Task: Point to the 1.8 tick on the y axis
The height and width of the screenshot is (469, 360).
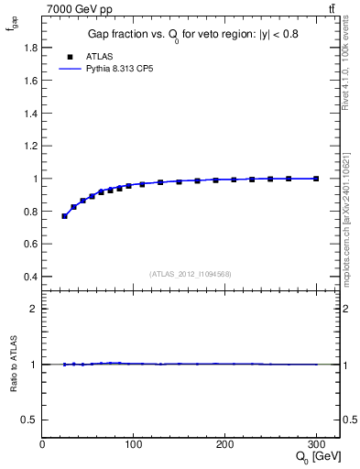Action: click(30, 48)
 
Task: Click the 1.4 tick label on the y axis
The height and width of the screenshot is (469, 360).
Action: click(30, 114)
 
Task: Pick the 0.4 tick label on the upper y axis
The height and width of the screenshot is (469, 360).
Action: click(30, 277)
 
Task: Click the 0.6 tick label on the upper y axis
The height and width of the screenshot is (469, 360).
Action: click(30, 244)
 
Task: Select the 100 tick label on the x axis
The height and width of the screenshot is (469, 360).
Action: click(134, 444)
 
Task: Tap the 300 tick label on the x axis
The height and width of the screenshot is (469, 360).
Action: click(316, 444)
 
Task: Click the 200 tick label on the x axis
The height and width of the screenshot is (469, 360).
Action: click(225, 444)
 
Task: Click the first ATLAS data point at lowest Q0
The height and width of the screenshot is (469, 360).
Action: click(64, 216)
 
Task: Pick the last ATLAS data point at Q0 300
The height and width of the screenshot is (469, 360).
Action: click(316, 179)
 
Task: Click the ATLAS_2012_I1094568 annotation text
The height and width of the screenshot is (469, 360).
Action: click(191, 274)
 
